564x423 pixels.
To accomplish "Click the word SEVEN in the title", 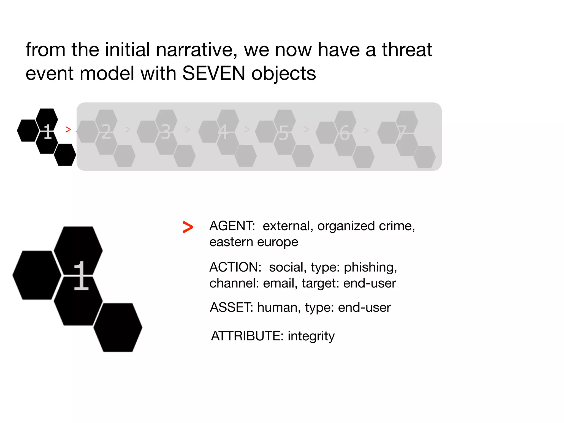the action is (x=213, y=74).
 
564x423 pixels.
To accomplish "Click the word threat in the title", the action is (x=407, y=50).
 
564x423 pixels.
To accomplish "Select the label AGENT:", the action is (x=232, y=226).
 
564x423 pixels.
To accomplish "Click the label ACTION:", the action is (x=235, y=267).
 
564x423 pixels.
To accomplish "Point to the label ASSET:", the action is (x=231, y=307).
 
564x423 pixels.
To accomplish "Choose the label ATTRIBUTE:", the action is (x=247, y=336).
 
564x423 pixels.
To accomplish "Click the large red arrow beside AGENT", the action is (x=188, y=227).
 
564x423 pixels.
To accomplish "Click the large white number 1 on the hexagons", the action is (x=81, y=276).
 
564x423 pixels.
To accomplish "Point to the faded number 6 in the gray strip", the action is (x=344, y=133).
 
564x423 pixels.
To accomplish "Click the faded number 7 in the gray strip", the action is (x=402, y=133).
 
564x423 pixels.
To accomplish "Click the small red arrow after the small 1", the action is (x=68, y=129).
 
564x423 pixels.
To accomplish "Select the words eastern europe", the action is (x=254, y=242).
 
